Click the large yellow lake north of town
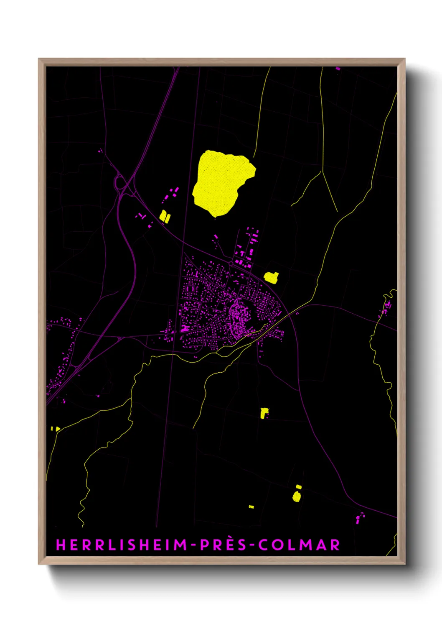pyautogui.click(x=221, y=182)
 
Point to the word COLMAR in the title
pyautogui.click(x=299, y=545)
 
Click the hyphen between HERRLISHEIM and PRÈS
pyautogui.click(x=194, y=545)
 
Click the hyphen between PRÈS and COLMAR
pyautogui.click(x=251, y=545)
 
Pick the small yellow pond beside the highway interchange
pyautogui.click(x=165, y=216)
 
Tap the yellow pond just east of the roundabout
pyautogui.click(x=271, y=277)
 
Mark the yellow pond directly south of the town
pyautogui.click(x=264, y=413)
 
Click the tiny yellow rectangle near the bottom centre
pyautogui.click(x=251, y=507)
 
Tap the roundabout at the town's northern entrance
pyautogui.click(x=231, y=263)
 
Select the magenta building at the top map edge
pyautogui.click(x=338, y=68)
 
